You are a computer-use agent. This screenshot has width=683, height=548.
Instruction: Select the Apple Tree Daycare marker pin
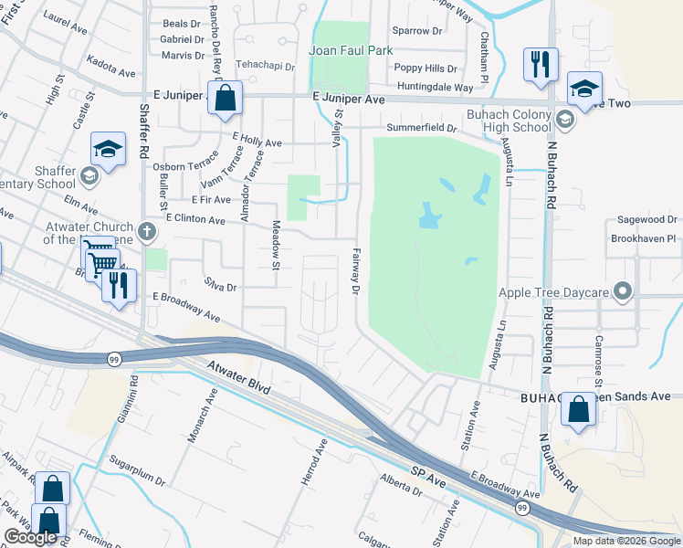(x=624, y=292)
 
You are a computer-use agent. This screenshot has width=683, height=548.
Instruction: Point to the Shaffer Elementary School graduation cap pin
(x=108, y=152)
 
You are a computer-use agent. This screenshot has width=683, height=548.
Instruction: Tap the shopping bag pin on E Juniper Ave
(x=225, y=99)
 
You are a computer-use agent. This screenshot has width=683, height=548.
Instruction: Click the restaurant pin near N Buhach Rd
(x=540, y=66)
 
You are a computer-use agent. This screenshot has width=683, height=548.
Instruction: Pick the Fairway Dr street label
(x=356, y=271)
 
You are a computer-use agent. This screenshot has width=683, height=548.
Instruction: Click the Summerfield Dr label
(x=421, y=127)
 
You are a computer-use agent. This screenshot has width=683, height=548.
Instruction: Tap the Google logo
(x=31, y=538)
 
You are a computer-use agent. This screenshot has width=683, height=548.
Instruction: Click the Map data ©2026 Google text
(x=625, y=541)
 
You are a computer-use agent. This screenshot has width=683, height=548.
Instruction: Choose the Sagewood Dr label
(x=646, y=220)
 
